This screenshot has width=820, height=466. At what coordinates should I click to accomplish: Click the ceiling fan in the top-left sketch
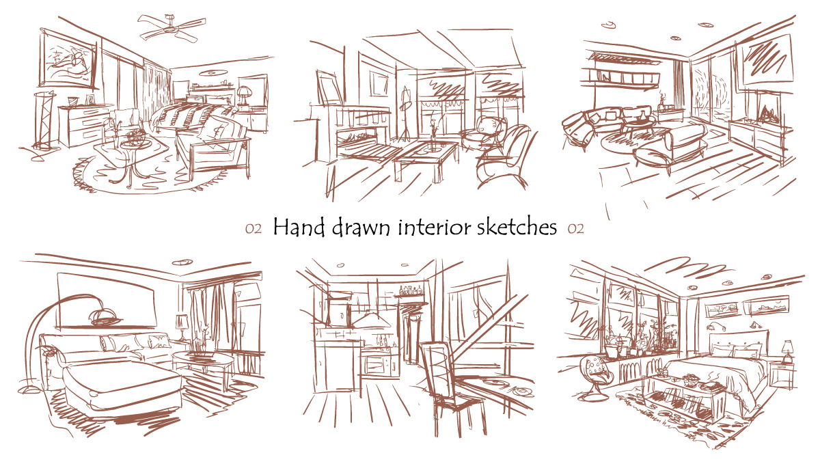(172, 27)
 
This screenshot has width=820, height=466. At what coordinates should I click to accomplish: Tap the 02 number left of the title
(254, 229)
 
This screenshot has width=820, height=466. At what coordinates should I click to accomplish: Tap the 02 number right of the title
(575, 229)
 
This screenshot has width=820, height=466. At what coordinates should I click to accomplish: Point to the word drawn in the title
(361, 228)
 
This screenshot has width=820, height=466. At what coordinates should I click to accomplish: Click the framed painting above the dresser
(68, 60)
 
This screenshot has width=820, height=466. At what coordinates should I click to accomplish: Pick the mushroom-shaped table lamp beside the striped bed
(243, 97)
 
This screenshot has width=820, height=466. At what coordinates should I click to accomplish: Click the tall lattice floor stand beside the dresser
(44, 121)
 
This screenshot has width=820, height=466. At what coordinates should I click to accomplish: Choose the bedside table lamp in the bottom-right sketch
(787, 351)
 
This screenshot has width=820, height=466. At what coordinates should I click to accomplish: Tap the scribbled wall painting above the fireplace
(765, 62)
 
